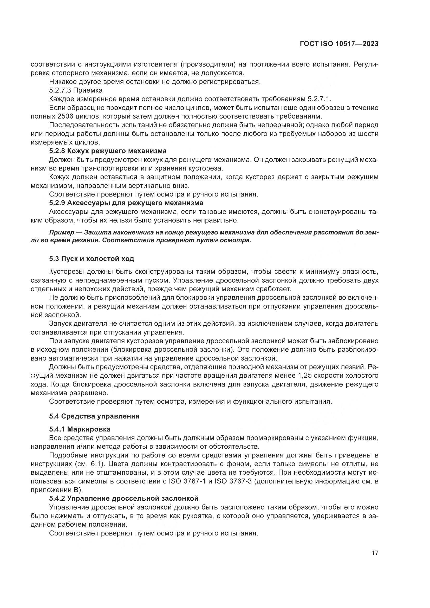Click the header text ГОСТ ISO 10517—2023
[x=339, y=44]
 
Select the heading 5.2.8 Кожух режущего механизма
[x=108, y=151]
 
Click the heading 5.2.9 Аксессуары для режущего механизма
[x=126, y=203]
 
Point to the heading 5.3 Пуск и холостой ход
[x=91, y=259]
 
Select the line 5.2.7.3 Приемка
[x=76, y=90]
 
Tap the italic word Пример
[x=62, y=232]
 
